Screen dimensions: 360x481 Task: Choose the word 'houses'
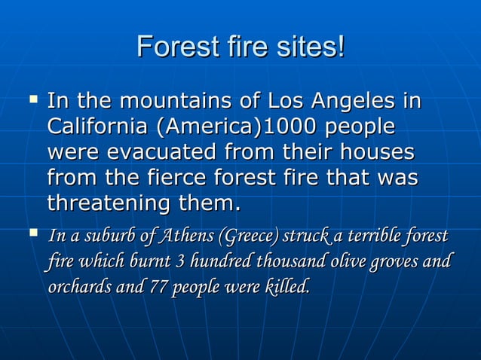(x=375, y=152)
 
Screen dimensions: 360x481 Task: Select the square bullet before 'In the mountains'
(x=32, y=98)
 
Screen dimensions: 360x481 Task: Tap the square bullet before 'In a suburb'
(x=32, y=236)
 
